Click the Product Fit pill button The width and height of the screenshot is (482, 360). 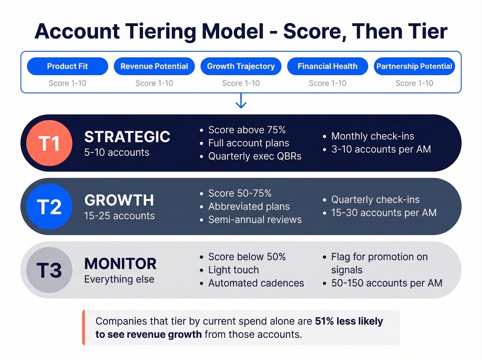click(x=67, y=66)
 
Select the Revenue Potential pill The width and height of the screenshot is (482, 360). click(x=154, y=66)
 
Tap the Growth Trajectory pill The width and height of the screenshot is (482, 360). click(x=241, y=66)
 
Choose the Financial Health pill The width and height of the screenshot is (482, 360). click(x=327, y=66)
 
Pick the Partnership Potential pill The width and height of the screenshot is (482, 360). click(x=414, y=66)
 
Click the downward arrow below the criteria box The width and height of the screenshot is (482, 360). click(x=241, y=101)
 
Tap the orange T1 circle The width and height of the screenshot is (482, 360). click(x=49, y=143)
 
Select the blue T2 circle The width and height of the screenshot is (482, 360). click(x=49, y=207)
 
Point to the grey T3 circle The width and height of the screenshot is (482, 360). click(x=49, y=270)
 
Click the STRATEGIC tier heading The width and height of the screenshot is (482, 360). click(x=127, y=137)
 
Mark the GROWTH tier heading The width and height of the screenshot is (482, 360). click(x=119, y=200)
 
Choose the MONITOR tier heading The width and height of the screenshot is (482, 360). click(x=120, y=264)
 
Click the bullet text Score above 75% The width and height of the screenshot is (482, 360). click(x=247, y=130)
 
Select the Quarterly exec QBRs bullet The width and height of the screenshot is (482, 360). click(x=255, y=156)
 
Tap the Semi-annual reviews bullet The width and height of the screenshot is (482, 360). click(x=255, y=220)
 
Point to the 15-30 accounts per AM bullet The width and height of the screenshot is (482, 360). click(x=384, y=213)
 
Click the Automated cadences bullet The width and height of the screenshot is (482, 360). click(x=256, y=283)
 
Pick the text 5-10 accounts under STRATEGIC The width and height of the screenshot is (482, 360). click(x=117, y=153)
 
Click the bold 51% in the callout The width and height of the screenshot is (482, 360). click(x=324, y=321)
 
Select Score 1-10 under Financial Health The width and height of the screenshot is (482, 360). click(x=327, y=83)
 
